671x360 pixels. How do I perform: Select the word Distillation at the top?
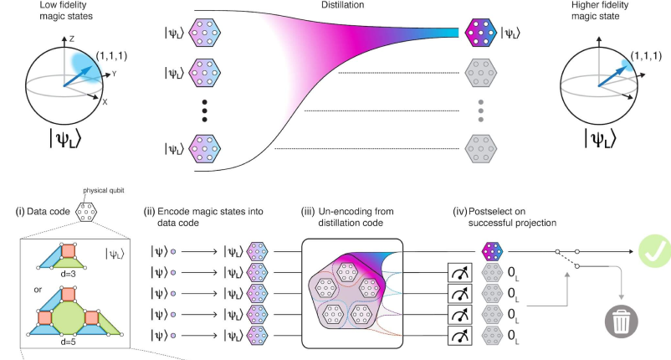tap(345, 8)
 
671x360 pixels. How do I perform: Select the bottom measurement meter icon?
tap(460, 336)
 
